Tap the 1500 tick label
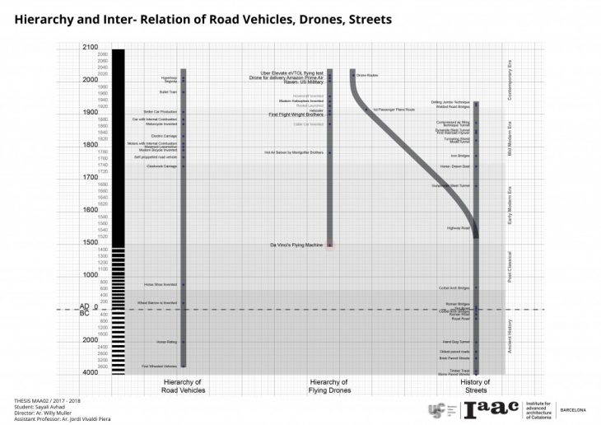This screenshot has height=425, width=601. [91, 242]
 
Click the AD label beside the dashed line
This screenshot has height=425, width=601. [84, 305]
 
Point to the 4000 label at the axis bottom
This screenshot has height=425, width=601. [91, 372]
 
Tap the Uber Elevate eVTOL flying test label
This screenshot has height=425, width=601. [292, 72]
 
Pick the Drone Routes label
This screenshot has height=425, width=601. [366, 74]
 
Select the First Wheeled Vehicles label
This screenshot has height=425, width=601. [159, 366]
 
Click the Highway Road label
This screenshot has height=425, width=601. [458, 227]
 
